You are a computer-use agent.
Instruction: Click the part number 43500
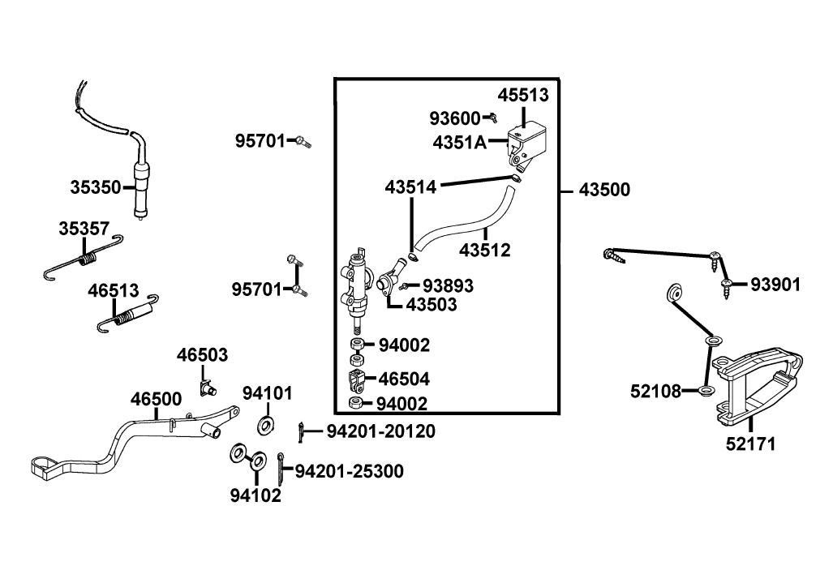(604, 191)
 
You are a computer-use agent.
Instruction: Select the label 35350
(95, 187)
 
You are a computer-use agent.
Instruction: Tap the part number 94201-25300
(349, 471)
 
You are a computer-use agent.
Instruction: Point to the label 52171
(750, 444)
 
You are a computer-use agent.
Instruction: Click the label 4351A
(459, 143)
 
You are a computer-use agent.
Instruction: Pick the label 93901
(775, 285)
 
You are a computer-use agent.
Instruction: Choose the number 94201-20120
(380, 431)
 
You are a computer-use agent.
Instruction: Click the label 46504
(404, 379)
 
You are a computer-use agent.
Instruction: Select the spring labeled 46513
(126, 315)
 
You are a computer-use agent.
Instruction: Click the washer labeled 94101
(264, 424)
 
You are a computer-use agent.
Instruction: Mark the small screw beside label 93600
(492, 119)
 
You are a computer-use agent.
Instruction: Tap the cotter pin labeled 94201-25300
(281, 465)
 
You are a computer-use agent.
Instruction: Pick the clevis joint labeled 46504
(356, 379)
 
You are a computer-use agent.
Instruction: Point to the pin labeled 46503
(208, 388)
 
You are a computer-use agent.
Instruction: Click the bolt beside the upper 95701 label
(303, 142)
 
